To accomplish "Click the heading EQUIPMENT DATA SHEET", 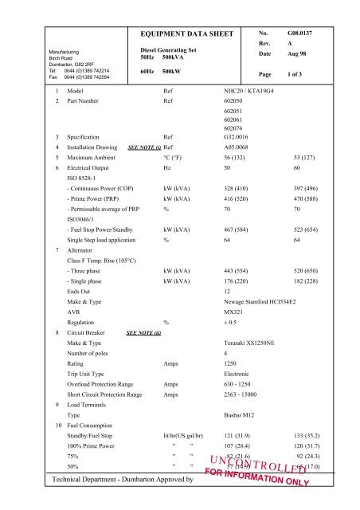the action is (x=186, y=35).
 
